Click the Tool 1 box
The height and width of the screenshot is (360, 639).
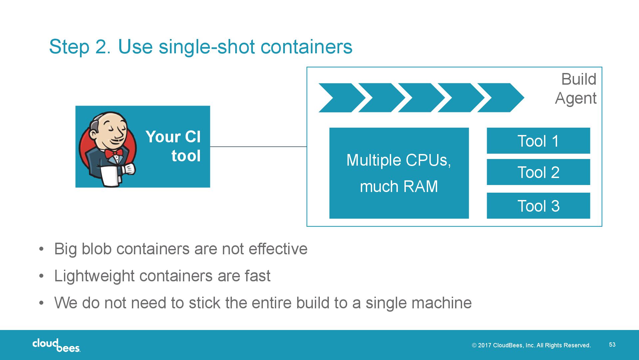pyautogui.click(x=538, y=141)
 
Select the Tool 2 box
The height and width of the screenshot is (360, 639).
pyautogui.click(x=538, y=172)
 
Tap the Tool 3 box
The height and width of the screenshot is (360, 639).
pyautogui.click(x=538, y=206)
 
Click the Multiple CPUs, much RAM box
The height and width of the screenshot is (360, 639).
pyautogui.click(x=399, y=173)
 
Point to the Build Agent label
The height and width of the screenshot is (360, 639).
pyautogui.click(x=576, y=89)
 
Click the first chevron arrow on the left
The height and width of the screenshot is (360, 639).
pyautogui.click(x=342, y=98)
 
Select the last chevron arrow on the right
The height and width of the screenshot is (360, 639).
pyautogui.click(x=501, y=98)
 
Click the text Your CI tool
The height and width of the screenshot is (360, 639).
pyautogui.click(x=173, y=146)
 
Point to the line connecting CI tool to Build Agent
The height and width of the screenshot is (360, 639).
pyautogui.click(x=258, y=146)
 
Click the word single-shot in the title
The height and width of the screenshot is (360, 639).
pyautogui.click(x=207, y=47)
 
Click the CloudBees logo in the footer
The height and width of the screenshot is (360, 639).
pyautogui.click(x=56, y=345)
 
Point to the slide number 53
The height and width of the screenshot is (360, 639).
pyautogui.click(x=612, y=345)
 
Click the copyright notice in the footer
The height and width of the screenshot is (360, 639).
pyautogui.click(x=531, y=345)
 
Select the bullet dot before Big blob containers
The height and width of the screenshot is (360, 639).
pyautogui.click(x=41, y=249)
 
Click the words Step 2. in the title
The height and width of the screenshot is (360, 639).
pyautogui.click(x=80, y=47)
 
